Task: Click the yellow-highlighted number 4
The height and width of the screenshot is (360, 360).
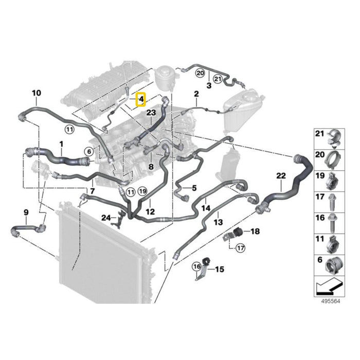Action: [140, 98]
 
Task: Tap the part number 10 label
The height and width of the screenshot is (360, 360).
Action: [36, 93]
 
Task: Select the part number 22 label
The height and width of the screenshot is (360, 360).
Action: [281, 176]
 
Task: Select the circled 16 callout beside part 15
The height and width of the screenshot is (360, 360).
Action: [196, 266]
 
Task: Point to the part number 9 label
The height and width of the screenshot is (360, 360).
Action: [26, 212]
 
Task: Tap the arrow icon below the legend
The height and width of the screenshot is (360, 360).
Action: [329, 285]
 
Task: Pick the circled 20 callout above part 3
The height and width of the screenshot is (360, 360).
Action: [200, 74]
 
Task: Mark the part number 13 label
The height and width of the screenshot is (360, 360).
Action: [218, 222]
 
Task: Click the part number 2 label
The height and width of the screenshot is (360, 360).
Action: [196, 94]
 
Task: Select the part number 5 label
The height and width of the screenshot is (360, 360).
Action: [194, 188]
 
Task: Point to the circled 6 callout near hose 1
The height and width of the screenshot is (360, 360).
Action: [88, 151]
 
